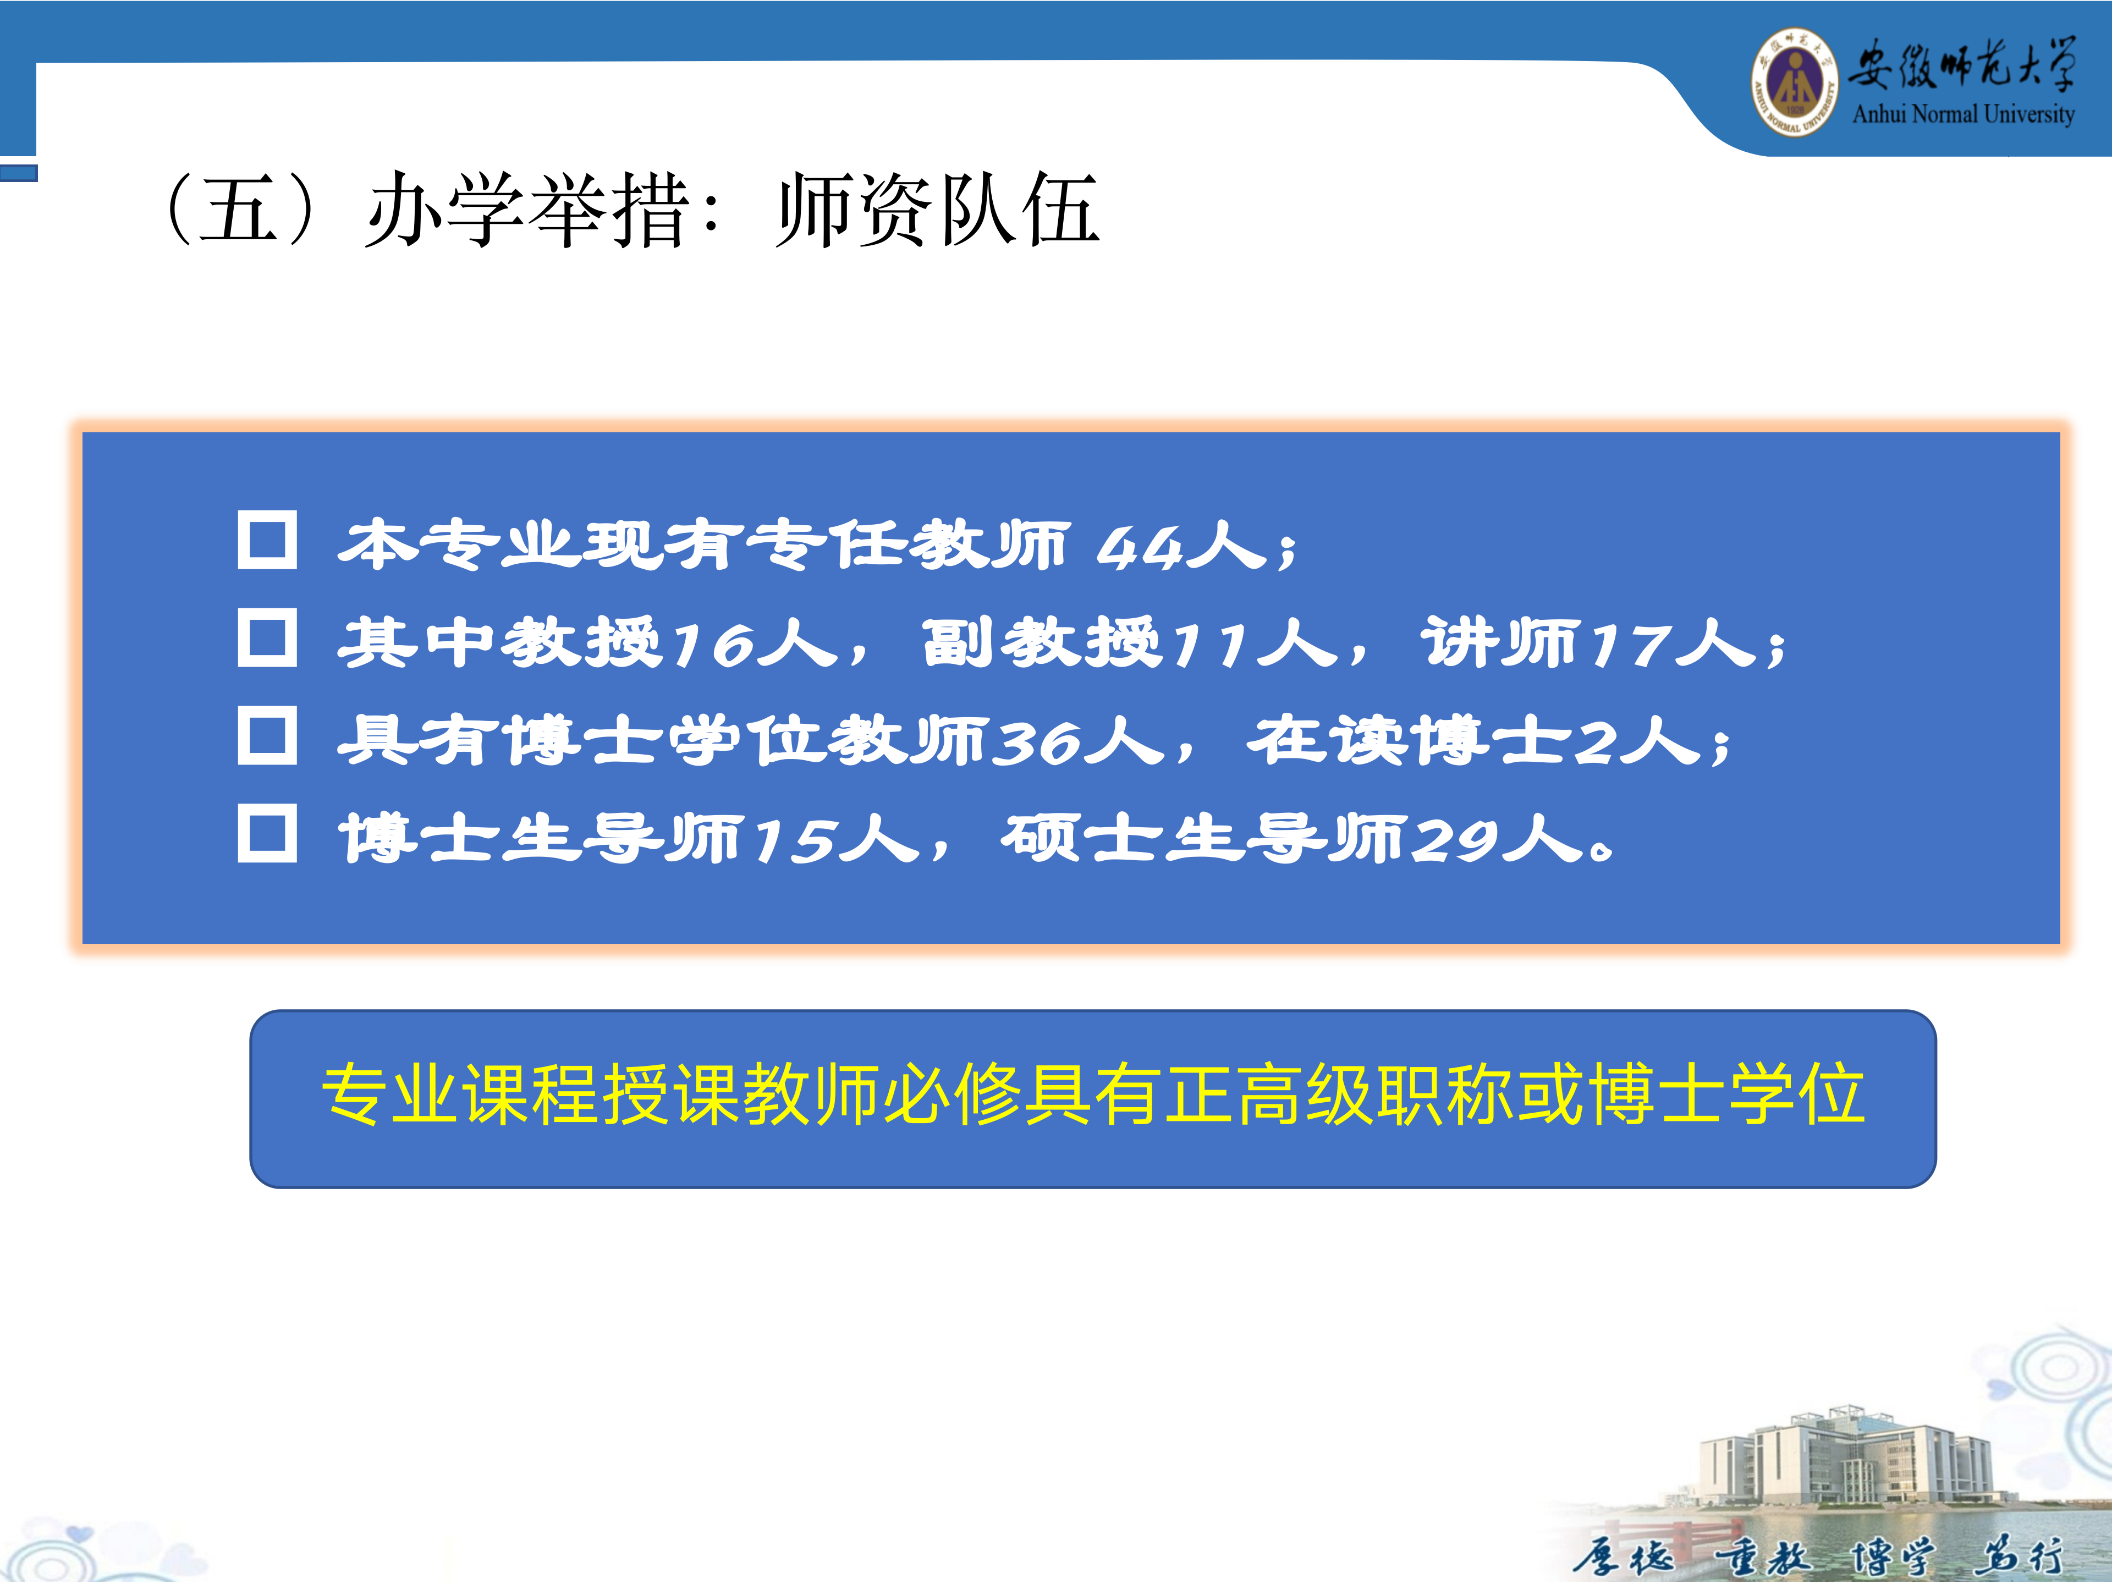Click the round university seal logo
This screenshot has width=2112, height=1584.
coord(1794,82)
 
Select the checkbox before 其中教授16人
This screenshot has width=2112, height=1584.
coord(267,638)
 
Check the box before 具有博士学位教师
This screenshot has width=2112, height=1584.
coord(267,735)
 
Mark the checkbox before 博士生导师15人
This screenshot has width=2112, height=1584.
coord(267,834)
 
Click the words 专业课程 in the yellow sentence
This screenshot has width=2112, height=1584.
coord(461,1094)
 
